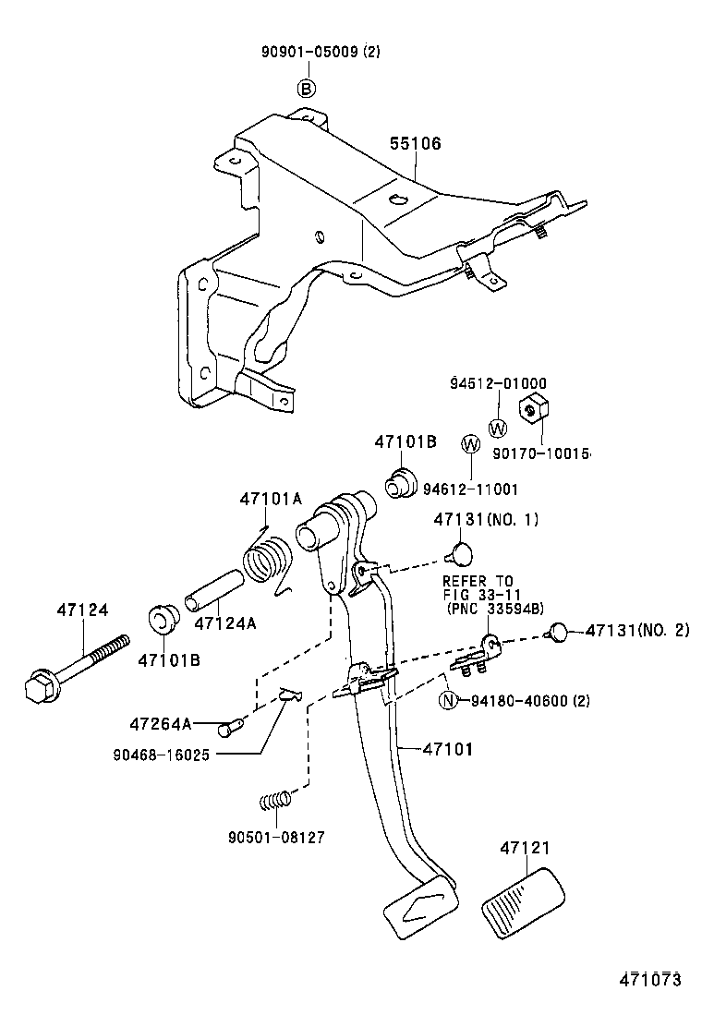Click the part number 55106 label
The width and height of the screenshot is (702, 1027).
coord(415,143)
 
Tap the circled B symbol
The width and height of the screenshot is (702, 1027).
coord(306,89)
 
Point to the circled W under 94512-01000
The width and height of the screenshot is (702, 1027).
coord(497,429)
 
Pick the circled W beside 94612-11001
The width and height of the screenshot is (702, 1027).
coord(469,445)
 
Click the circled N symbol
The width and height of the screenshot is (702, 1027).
coord(448,701)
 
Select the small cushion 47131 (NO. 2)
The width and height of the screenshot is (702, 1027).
coord(558,631)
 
